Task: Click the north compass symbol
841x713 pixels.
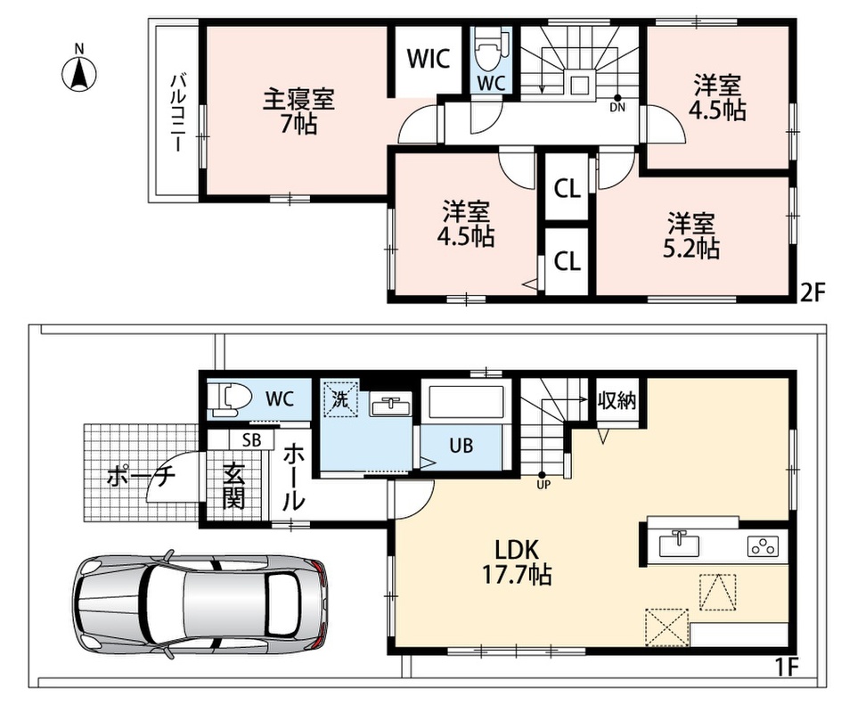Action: tap(78, 70)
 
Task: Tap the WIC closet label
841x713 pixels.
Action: tap(428, 59)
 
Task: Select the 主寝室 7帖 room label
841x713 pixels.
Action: tap(298, 112)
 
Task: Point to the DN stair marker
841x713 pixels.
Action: tap(617, 102)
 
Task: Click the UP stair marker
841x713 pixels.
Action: tap(543, 479)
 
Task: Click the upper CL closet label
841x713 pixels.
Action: tap(567, 189)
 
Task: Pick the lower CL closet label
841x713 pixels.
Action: tap(567, 261)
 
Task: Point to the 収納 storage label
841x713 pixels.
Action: tap(616, 400)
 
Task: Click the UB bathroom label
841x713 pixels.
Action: tap(461, 446)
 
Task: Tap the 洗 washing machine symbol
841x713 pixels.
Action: tap(339, 398)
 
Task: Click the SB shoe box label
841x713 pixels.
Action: tap(251, 440)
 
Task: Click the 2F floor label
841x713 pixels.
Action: tap(811, 293)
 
